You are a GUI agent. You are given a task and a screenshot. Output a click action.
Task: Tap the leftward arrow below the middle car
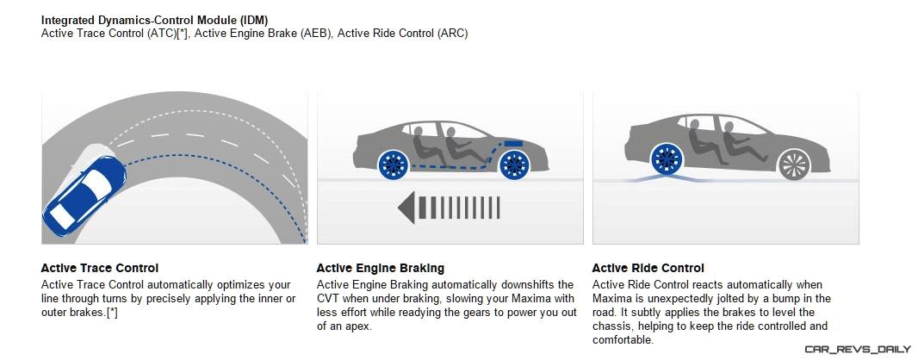pyautogui.click(x=449, y=208)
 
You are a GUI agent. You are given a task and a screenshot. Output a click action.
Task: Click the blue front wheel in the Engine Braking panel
pyautogui.click(x=513, y=165)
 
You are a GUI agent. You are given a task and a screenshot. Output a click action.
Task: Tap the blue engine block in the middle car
pyautogui.click(x=513, y=142)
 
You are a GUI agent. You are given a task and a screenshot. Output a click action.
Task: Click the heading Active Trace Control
pyautogui.click(x=100, y=268)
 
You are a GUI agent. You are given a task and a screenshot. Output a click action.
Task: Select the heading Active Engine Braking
pyautogui.click(x=381, y=268)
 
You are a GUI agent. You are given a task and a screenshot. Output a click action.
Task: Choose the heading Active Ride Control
pyautogui.click(x=648, y=268)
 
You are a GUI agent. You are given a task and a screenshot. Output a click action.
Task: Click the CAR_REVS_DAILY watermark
pyautogui.click(x=858, y=350)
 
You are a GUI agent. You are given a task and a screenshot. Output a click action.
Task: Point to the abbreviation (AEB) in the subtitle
pyautogui.click(x=315, y=34)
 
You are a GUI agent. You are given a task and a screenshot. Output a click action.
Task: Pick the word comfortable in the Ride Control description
pyautogui.click(x=623, y=340)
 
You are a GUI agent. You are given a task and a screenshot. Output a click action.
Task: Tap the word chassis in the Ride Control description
pyautogui.click(x=610, y=326)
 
